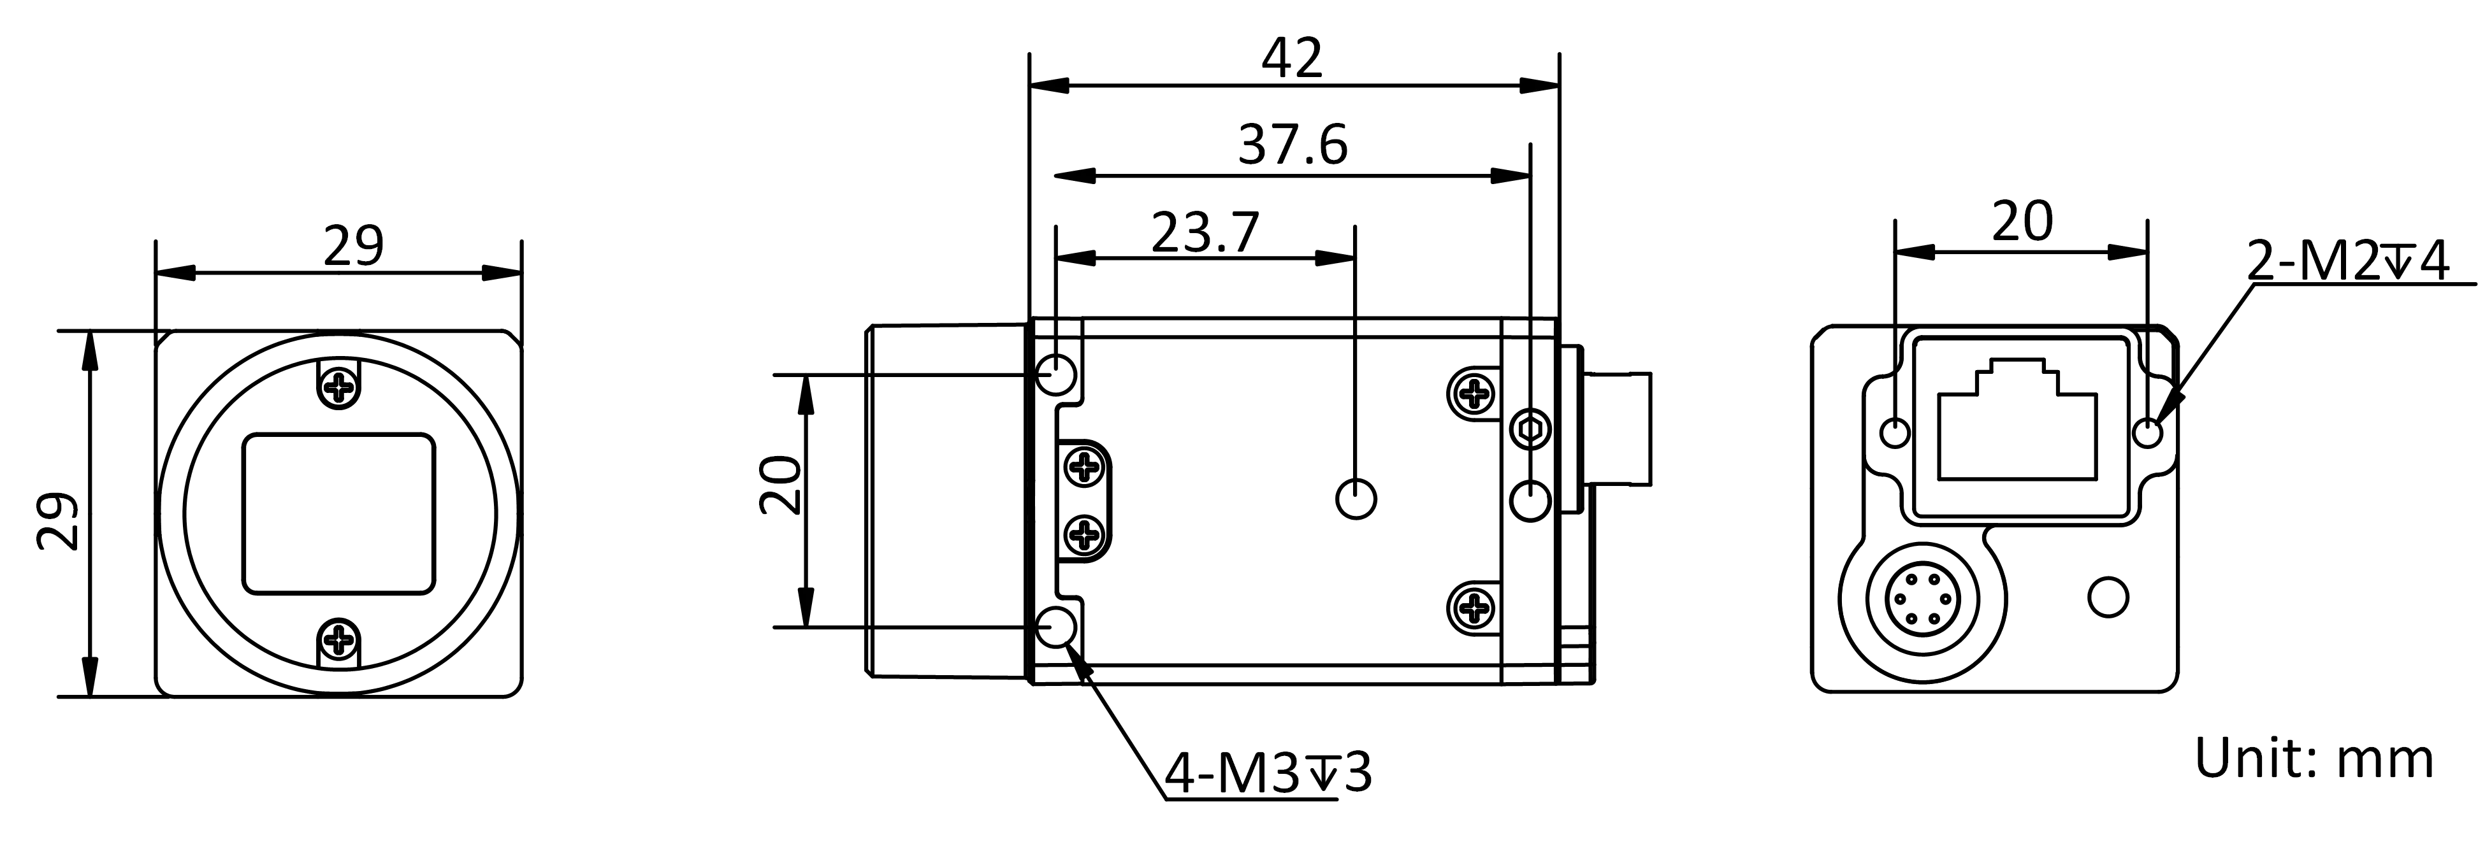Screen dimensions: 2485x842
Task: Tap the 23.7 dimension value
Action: pyautogui.click(x=1205, y=232)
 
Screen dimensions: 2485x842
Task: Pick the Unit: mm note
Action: pyautogui.click(x=2314, y=759)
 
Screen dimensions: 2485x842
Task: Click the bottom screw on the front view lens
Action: pyautogui.click(x=338, y=638)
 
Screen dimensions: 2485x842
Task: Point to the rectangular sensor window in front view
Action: pyautogui.click(x=338, y=513)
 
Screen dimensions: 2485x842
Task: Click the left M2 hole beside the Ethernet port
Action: pyautogui.click(x=1895, y=432)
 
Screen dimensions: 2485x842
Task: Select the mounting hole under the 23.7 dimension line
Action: pyautogui.click(x=1356, y=499)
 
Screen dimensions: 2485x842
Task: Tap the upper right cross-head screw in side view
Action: pyautogui.click(x=1473, y=392)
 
